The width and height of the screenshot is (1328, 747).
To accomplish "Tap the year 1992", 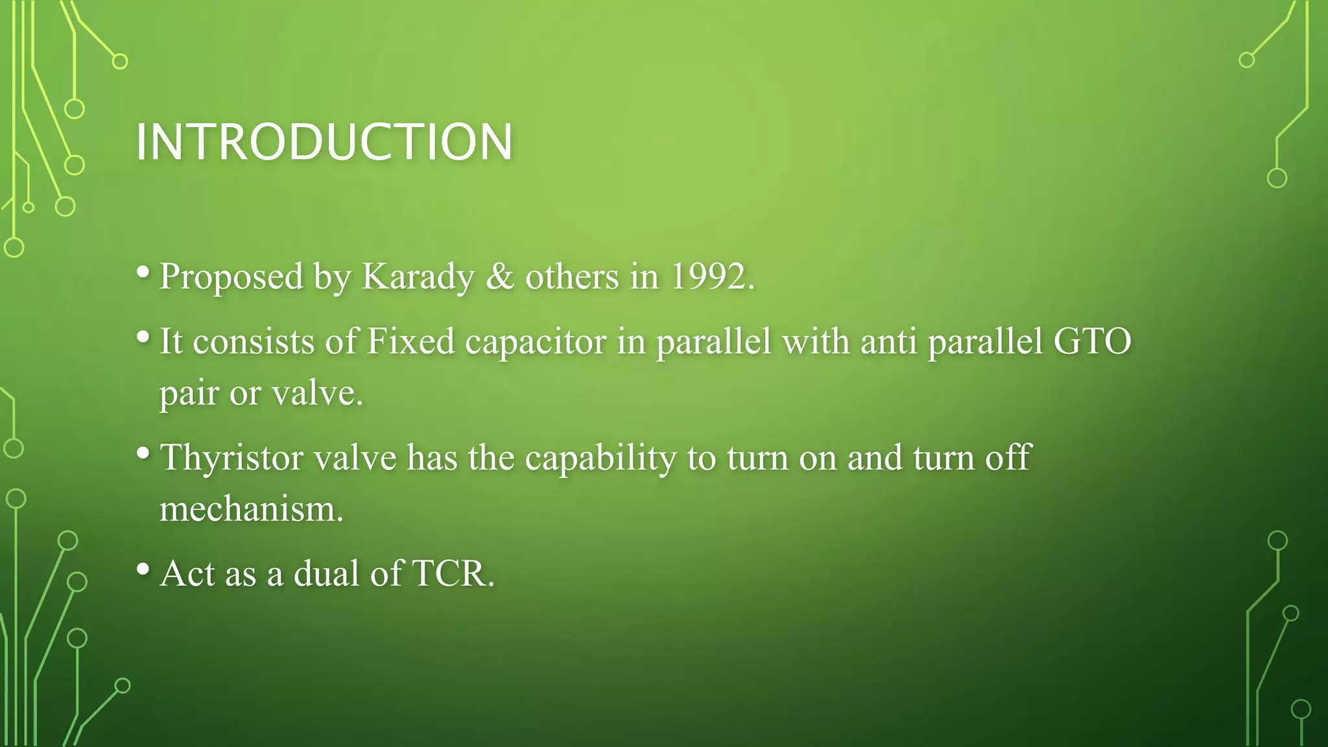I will pyautogui.click(x=711, y=277).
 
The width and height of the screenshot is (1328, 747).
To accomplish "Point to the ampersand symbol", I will pyautogui.click(x=499, y=277).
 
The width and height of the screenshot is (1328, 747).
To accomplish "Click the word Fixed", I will pyautogui.click(x=410, y=341).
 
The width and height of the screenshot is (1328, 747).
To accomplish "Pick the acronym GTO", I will pyautogui.click(x=1093, y=341).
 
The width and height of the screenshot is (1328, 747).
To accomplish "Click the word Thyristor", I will pyautogui.click(x=231, y=458).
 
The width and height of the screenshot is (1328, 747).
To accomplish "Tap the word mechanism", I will pyautogui.click(x=251, y=508).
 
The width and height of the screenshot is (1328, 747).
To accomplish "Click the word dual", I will pyautogui.click(x=326, y=574).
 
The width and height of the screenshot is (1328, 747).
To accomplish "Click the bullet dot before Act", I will pyautogui.click(x=143, y=569).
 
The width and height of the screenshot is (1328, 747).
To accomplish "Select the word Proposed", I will pyautogui.click(x=231, y=278).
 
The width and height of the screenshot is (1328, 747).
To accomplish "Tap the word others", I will pyautogui.click(x=572, y=277).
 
